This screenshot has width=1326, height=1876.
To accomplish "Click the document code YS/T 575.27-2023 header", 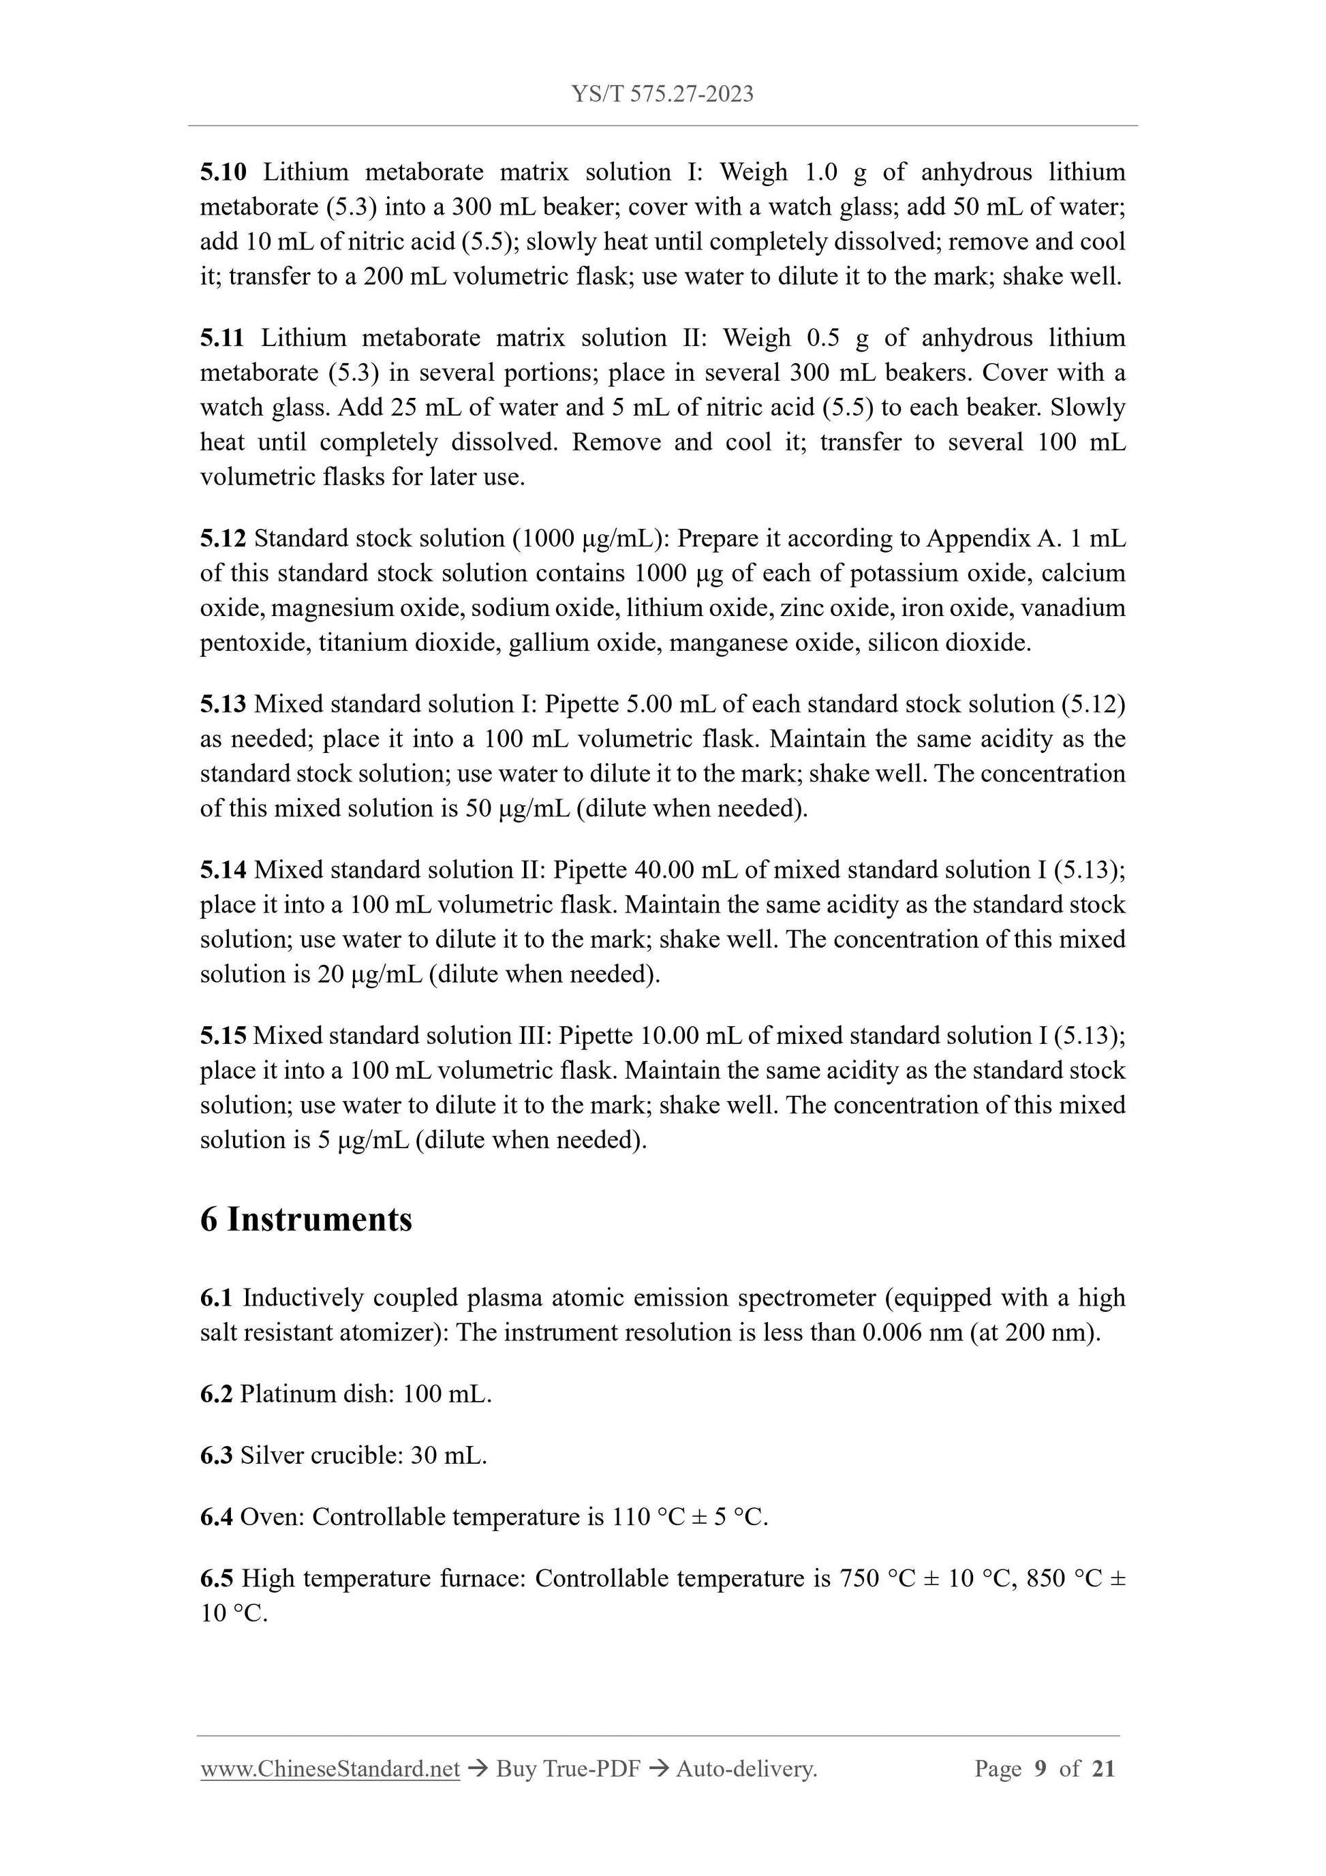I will pyautogui.click(x=662, y=95).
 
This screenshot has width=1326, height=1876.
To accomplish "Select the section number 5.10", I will pyautogui.click(x=223, y=172).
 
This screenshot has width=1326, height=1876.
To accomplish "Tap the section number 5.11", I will pyautogui.click(x=222, y=338).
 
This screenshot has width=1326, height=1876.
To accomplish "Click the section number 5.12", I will pyautogui.click(x=223, y=538).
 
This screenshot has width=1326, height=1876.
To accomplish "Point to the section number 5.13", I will pyautogui.click(x=223, y=705).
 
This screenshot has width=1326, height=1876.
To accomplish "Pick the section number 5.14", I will pyautogui.click(x=223, y=870).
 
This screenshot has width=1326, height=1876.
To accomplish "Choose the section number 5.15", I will pyautogui.click(x=223, y=1036).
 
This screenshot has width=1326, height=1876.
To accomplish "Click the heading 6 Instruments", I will pyautogui.click(x=307, y=1220).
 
